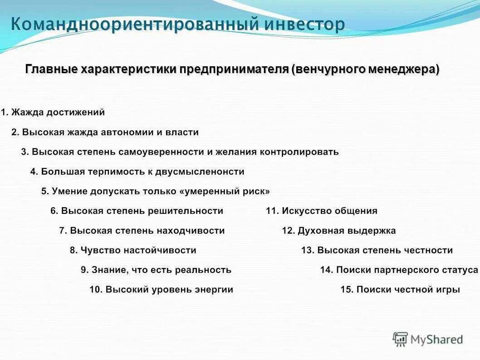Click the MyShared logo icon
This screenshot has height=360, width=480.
pyautogui.click(x=400, y=339)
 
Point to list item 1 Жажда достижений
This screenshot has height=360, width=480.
pyautogui.click(x=53, y=112)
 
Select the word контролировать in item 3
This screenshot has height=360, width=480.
pyautogui.click(x=299, y=152)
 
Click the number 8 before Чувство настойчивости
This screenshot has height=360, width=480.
pyautogui.click(x=73, y=250)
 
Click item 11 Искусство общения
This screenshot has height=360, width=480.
pyautogui.click(x=322, y=211)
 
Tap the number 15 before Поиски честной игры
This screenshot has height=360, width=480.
pyautogui.click(x=346, y=289)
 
